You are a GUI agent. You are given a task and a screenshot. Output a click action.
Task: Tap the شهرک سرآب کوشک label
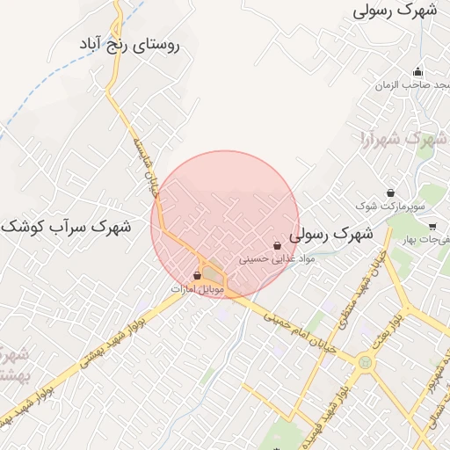(66, 227)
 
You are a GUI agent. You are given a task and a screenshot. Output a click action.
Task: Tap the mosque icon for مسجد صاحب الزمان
(417, 72)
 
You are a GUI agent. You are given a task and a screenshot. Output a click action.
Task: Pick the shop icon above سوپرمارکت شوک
(390, 192)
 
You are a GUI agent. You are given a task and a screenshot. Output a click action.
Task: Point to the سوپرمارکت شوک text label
(390, 206)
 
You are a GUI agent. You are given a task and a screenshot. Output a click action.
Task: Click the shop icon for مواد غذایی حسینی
(278, 247)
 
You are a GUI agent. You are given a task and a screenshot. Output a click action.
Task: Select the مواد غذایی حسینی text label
(277, 260)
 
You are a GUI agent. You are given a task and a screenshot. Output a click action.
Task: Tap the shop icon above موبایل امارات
(197, 275)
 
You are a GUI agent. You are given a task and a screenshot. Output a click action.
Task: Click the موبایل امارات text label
(198, 288)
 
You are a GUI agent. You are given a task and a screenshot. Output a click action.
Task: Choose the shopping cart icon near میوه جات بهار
(432, 226)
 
